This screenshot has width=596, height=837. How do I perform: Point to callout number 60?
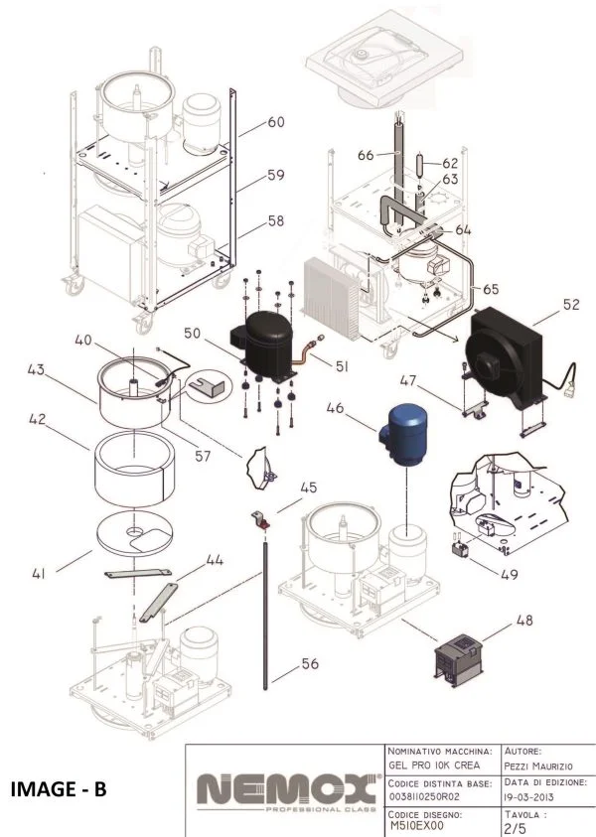275,122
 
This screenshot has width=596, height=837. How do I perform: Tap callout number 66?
364,156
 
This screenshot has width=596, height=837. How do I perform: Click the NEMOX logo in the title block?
283,790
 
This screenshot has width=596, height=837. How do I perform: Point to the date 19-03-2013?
537,796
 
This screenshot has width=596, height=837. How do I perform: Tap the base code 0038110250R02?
438,796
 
